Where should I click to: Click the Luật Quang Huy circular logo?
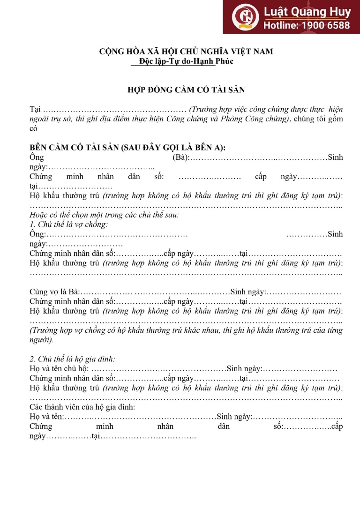pyautogui.click(x=245, y=17)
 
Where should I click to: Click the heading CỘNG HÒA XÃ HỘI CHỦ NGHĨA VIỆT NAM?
pyautogui.click(x=186, y=52)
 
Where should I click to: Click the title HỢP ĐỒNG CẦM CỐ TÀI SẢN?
pyautogui.click(x=186, y=89)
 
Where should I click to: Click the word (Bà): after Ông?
pyautogui.click(x=181, y=157)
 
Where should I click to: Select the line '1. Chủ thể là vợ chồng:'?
pyautogui.click(x=68, y=224)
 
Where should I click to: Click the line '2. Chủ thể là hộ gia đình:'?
pyautogui.click(x=72, y=359)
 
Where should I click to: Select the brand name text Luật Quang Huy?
pyautogui.click(x=304, y=11)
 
